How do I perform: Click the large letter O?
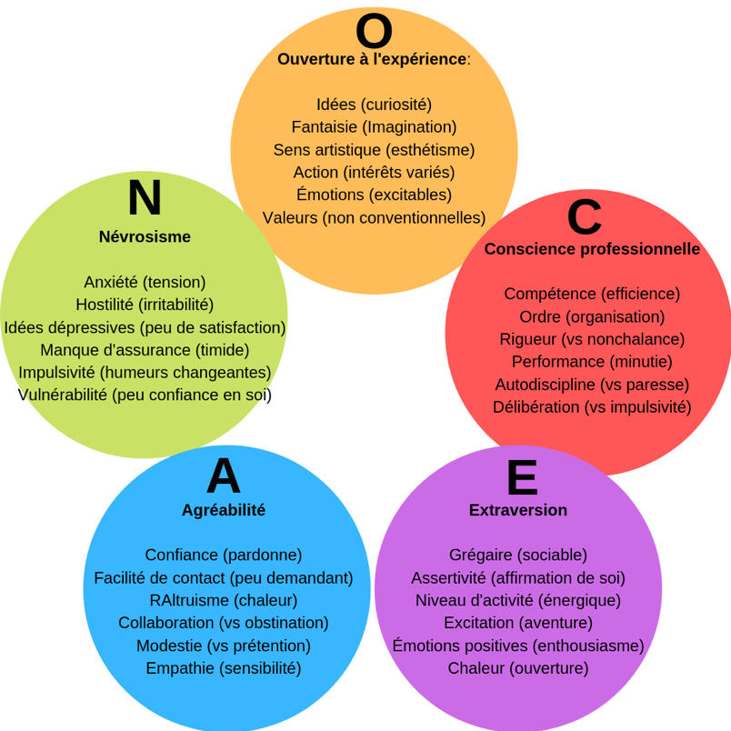tap(374, 31)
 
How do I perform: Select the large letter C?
tap(585, 217)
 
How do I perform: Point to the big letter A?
tap(224, 476)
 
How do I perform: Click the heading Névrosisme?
tap(145, 236)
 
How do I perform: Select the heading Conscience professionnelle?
tap(592, 248)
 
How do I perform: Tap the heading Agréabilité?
tap(224, 510)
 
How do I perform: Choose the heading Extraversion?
tap(518, 510)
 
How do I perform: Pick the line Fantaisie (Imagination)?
tap(374, 126)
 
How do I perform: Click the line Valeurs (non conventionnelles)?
tap(374, 217)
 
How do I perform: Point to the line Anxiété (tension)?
tap(145, 282)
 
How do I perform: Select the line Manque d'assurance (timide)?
tap(145, 350)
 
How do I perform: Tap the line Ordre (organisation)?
tap(592, 316)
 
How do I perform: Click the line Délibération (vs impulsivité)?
tap(592, 406)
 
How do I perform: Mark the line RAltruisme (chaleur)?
tap(224, 600)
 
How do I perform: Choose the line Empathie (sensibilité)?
tap(224, 668)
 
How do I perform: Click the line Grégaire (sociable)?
tap(518, 555)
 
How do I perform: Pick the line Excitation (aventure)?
tap(518, 623)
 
